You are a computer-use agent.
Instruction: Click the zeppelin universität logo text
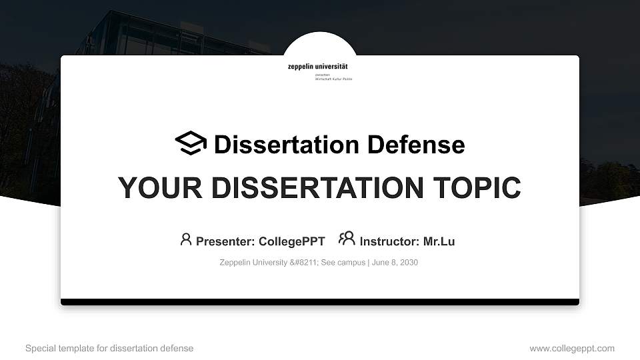tap(317, 67)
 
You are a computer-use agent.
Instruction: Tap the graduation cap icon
tap(191, 143)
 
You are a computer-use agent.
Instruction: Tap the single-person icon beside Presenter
tap(186, 239)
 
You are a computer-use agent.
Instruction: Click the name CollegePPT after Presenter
tap(292, 241)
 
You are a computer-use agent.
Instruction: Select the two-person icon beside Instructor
tap(347, 239)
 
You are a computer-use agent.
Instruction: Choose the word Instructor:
tap(389, 241)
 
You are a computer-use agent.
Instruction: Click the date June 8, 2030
tap(395, 263)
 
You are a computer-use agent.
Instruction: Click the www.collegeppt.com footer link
tap(572, 348)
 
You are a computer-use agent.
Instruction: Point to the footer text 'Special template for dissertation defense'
tap(109, 348)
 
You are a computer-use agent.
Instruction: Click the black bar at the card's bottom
tap(320, 302)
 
